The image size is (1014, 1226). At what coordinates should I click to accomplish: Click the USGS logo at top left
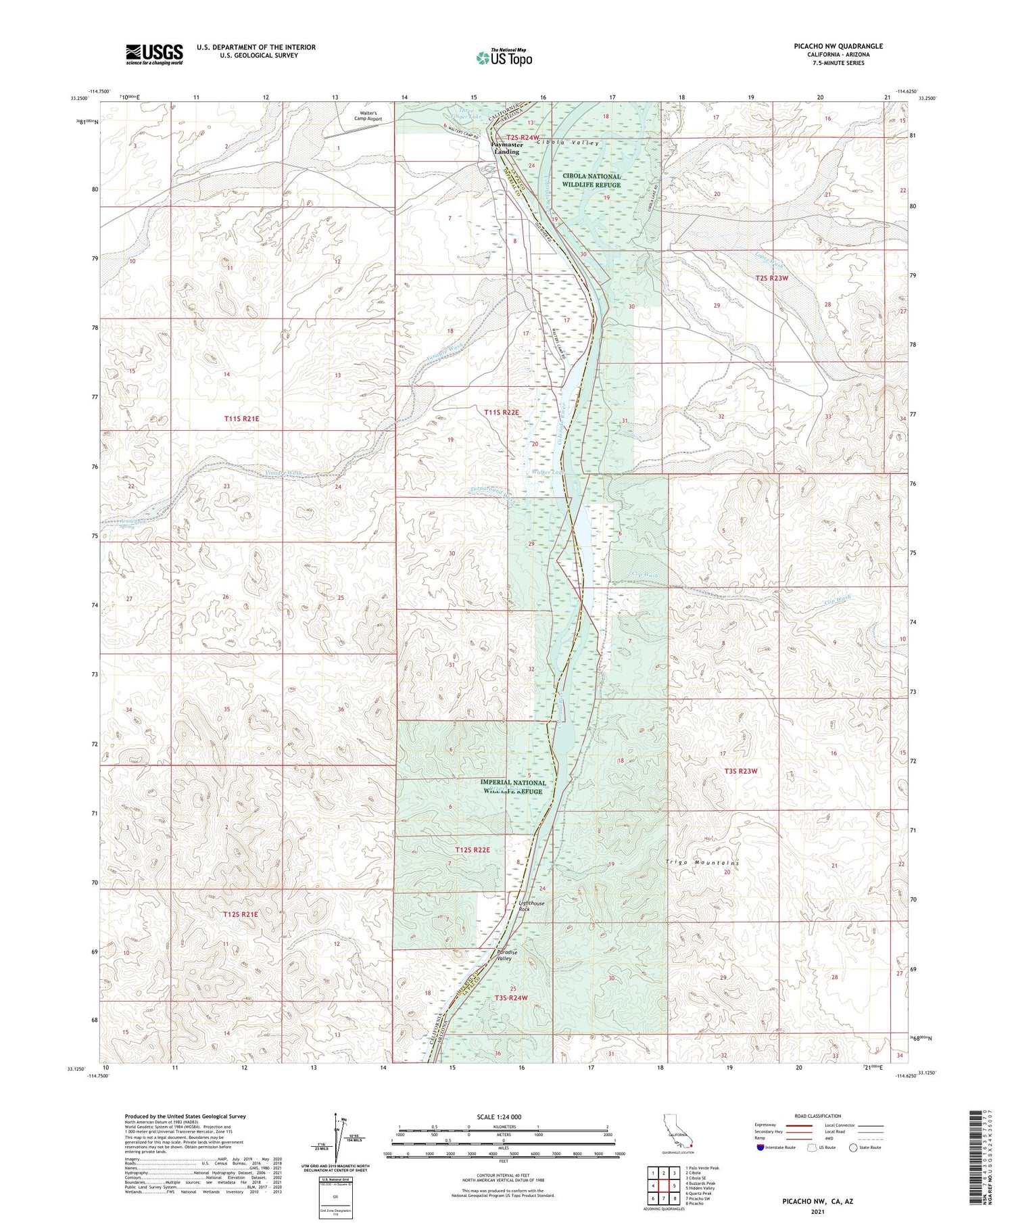point(154,54)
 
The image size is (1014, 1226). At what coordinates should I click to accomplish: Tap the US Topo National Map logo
point(504,57)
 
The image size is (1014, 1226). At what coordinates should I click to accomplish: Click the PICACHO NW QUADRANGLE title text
point(829,46)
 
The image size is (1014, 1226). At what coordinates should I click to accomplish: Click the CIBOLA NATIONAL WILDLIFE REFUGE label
point(591,181)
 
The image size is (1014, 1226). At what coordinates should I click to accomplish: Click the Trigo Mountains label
point(702,864)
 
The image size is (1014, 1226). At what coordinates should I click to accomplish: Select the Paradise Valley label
point(508,956)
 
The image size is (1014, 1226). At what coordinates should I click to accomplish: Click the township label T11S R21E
point(241,419)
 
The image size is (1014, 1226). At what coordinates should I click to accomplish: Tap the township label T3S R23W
point(741,771)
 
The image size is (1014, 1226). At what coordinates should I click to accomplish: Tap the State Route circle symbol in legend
point(854,1148)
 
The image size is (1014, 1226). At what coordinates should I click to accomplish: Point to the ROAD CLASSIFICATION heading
point(817,1116)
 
